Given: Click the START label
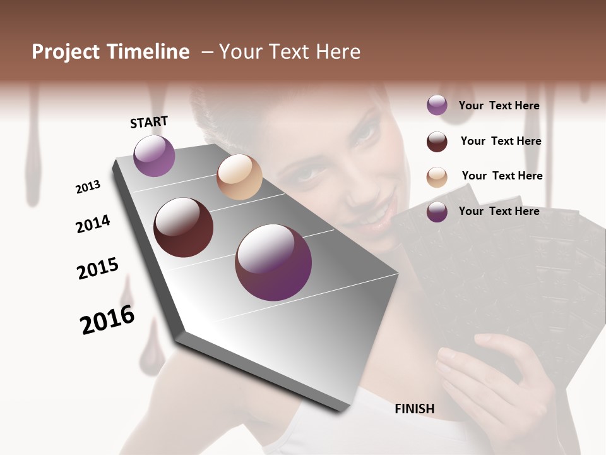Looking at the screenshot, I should click(149, 122).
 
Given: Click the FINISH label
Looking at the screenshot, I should click(414, 409).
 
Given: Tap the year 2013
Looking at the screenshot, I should click(88, 187).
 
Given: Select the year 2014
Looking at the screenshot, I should click(93, 224).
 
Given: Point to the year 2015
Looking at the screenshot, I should click(98, 269).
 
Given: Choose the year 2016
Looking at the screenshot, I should click(107, 320).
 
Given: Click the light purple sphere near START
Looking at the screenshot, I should click(154, 155).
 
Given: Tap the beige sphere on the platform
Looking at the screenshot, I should click(239, 177).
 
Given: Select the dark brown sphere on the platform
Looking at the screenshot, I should click(184, 227).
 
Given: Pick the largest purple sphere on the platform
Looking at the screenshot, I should click(273, 262).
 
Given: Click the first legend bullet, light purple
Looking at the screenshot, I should click(437, 106).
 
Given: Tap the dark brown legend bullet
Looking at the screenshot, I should click(437, 142).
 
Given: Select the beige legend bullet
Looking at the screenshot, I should click(437, 177).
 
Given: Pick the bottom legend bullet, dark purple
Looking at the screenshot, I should click(437, 212).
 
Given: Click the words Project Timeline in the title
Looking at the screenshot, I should click(110, 52).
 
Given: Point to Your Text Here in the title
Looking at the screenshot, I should click(289, 52).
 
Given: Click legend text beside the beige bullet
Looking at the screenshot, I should click(502, 176).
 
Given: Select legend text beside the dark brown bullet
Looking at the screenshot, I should click(501, 141).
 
